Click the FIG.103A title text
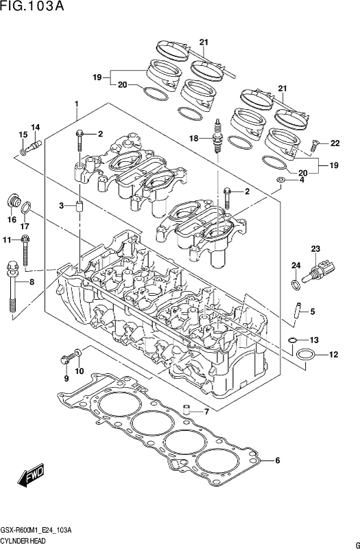tap(32, 6)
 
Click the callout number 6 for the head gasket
tap(278, 460)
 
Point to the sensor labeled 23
tap(320, 272)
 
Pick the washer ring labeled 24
tap(296, 284)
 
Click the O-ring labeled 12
tap(305, 355)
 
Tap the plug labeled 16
tap(12, 200)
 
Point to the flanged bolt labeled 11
tap(25, 250)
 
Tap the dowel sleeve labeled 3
tap(79, 207)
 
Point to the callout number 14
tap(36, 128)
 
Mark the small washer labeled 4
tap(280, 180)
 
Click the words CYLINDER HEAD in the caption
tap(23, 541)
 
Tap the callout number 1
tap(76, 104)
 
